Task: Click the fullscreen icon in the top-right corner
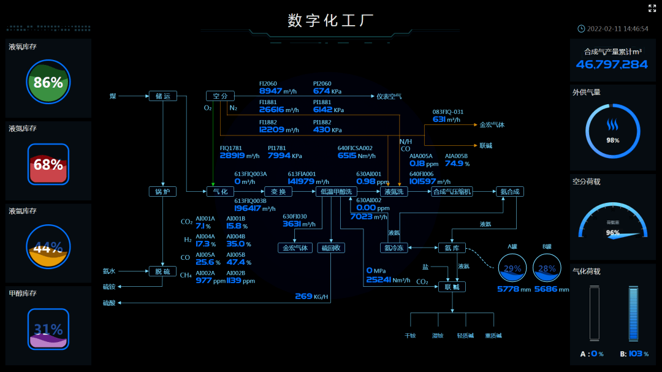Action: pyautogui.click(x=652, y=9)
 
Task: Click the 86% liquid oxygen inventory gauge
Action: pyautogui.click(x=48, y=82)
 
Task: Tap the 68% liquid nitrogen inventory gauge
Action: pyautogui.click(x=48, y=164)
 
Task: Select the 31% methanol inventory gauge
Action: pyautogui.click(x=48, y=329)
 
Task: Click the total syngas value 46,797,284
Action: pyautogui.click(x=612, y=64)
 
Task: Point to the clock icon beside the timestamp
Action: pyautogui.click(x=581, y=29)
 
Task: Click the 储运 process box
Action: pyautogui.click(x=163, y=96)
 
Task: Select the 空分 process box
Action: pyautogui.click(x=220, y=96)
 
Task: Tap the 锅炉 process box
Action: pyautogui.click(x=162, y=192)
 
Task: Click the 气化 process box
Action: pyautogui.click(x=220, y=192)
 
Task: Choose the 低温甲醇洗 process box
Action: pyautogui.click(x=336, y=192)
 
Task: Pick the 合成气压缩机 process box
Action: pyautogui.click(x=452, y=192)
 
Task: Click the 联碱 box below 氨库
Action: pyautogui.click(x=452, y=286)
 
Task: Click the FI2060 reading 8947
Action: pyautogui.click(x=271, y=91)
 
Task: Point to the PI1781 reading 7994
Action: pyautogui.click(x=280, y=156)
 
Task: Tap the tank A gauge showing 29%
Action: pyautogui.click(x=512, y=268)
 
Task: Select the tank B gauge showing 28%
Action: pyautogui.click(x=547, y=268)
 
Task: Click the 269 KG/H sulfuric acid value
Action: pyautogui.click(x=304, y=297)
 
